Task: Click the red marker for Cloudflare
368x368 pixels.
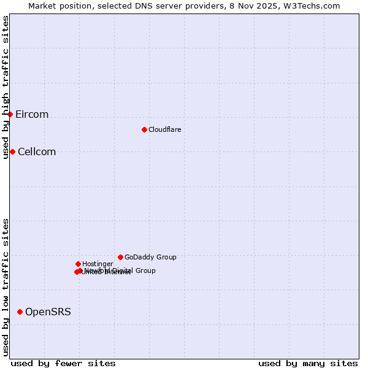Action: click(144, 129)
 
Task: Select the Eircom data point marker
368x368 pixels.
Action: click(10, 114)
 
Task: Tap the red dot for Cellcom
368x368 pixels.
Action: click(12, 151)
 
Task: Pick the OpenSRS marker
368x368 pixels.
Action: click(20, 312)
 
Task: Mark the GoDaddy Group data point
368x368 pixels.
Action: click(120, 257)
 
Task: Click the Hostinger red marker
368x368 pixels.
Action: click(78, 264)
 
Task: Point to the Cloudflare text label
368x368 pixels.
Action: click(164, 129)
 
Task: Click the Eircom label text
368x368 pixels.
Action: click(32, 115)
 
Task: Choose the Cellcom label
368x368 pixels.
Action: click(37, 152)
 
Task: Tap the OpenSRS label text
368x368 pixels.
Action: click(48, 312)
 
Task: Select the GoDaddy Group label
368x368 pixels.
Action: click(150, 257)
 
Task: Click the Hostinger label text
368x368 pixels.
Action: click(98, 264)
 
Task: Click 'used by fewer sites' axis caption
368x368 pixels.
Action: click(63, 363)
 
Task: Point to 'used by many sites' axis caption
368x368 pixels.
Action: click(308, 363)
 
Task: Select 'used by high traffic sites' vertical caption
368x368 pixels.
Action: click(6, 87)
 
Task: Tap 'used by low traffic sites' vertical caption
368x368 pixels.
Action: click(6, 287)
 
